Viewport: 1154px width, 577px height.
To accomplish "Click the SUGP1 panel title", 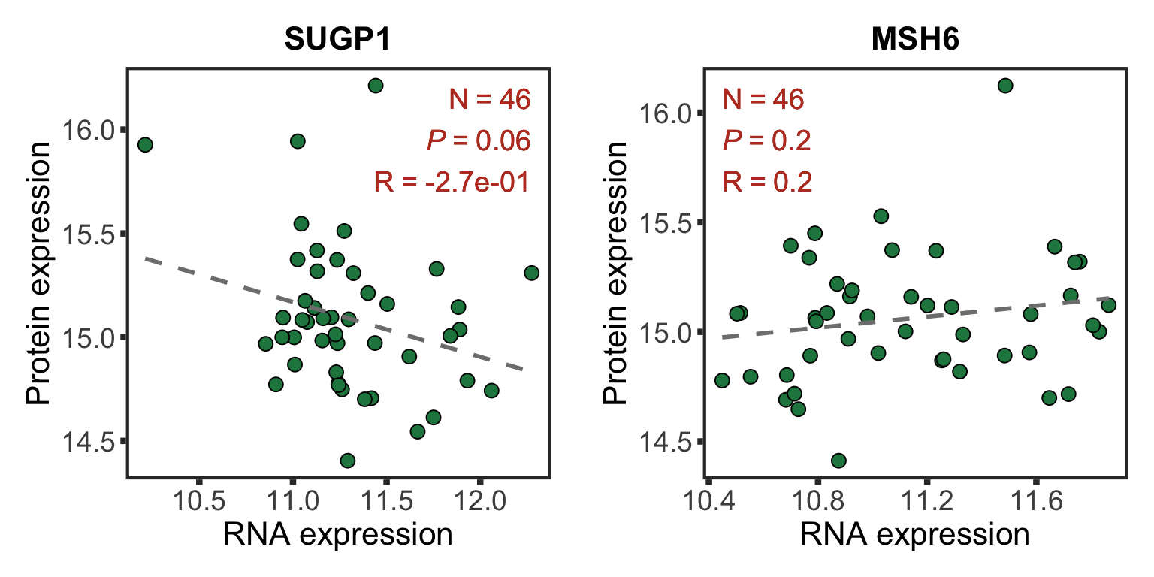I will click(337, 41).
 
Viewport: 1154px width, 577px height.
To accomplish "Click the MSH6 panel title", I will click(914, 41).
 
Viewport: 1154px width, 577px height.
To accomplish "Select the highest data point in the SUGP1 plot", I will click(376, 86).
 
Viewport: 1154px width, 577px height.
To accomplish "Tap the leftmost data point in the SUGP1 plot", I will click(145, 144).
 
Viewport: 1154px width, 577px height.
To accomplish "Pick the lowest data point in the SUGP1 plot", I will click(347, 460).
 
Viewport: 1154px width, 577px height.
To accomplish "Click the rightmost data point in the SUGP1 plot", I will click(531, 273).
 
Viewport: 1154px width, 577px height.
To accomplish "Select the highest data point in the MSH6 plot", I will click(1005, 86).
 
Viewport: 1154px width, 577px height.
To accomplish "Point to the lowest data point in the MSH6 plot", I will click(838, 460).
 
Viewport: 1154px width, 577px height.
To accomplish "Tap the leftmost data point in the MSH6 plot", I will click(722, 380).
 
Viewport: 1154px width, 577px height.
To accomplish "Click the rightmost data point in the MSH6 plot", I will click(1108, 304).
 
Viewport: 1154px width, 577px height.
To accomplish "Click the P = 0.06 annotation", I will click(479, 140).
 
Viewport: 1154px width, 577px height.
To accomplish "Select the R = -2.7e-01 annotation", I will click(452, 182).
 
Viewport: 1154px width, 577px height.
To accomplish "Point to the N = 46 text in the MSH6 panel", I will click(763, 99).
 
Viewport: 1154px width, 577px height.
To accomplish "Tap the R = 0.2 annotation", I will click(768, 182).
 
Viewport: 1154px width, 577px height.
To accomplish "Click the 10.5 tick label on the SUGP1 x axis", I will click(198, 500).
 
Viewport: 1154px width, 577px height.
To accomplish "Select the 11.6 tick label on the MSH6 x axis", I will click(1035, 500).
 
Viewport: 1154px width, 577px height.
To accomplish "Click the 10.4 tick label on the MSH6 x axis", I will click(708, 500).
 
